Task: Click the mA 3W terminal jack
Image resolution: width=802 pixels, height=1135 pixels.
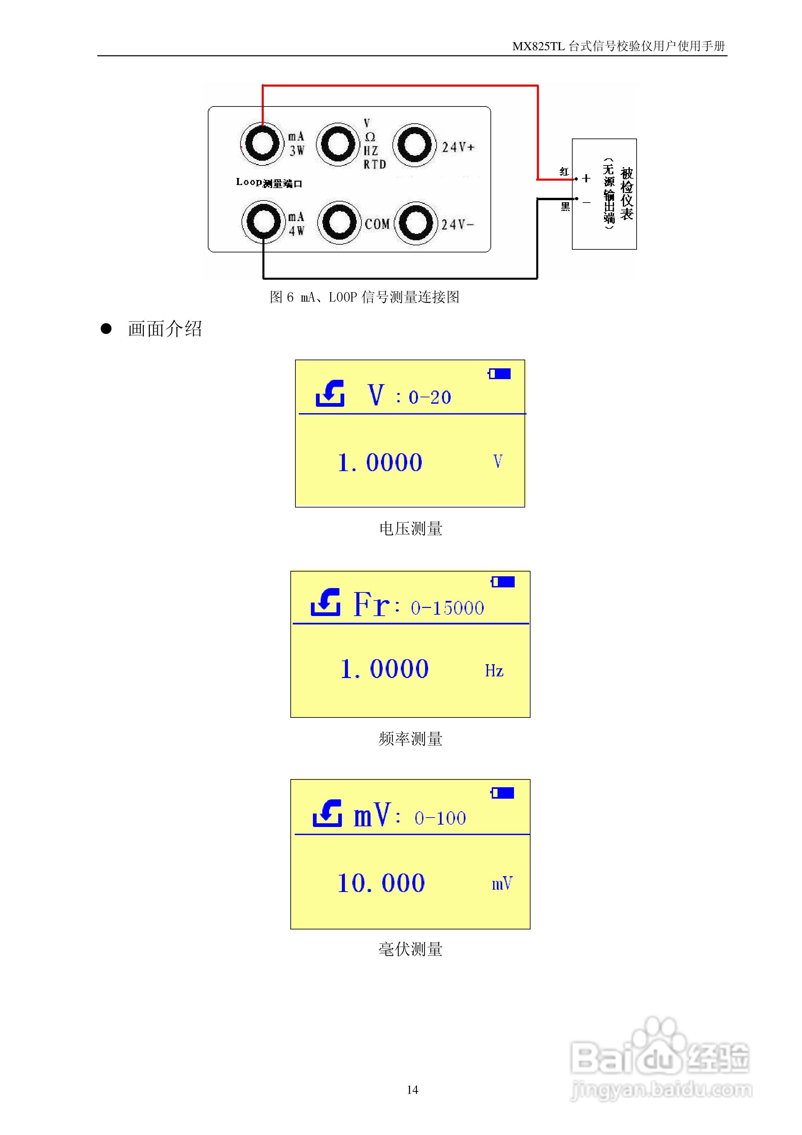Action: pos(262,144)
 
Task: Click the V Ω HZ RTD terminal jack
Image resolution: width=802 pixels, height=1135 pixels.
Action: pos(338,144)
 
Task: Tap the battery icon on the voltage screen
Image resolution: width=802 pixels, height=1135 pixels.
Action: pos(499,374)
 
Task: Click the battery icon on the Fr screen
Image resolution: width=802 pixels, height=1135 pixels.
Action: pos(503,582)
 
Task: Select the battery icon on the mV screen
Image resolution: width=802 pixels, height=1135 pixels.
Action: pos(503,793)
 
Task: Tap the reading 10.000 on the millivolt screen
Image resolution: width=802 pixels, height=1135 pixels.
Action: pos(381,883)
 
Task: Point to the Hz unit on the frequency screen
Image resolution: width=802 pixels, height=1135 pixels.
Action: pos(494,671)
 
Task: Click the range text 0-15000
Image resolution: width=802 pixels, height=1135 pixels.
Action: pos(447,608)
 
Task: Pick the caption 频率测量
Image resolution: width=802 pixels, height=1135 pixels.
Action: pos(411,739)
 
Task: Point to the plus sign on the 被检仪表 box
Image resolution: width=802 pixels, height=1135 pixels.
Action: pos(586,178)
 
